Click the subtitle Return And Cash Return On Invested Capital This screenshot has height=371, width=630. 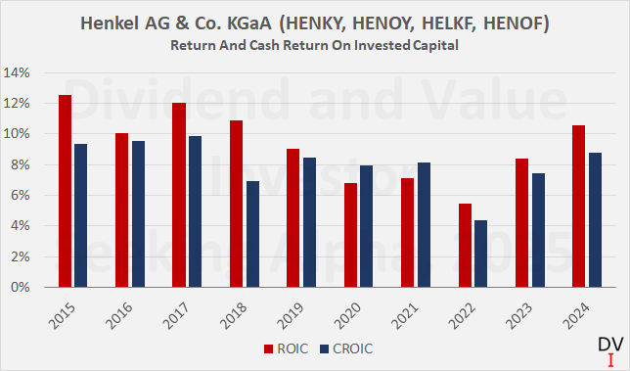click(x=314, y=45)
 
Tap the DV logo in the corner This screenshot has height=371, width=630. click(x=608, y=348)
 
